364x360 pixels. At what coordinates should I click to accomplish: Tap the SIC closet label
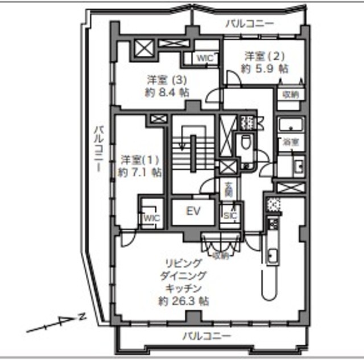tap(230, 216)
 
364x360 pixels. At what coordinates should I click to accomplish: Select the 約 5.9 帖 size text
tap(264, 68)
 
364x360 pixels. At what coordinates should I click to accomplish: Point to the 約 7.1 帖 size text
tap(139, 171)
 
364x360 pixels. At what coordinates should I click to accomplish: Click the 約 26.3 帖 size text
tap(184, 301)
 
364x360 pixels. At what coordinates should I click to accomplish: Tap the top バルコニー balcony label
tap(249, 23)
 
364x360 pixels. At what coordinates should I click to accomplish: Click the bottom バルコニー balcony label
tap(206, 336)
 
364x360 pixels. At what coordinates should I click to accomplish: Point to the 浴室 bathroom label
tap(291, 142)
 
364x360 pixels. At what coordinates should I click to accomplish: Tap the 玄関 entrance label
tap(228, 188)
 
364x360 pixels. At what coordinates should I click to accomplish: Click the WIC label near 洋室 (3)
tap(205, 57)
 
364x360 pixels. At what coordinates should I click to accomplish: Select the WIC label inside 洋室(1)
tap(151, 218)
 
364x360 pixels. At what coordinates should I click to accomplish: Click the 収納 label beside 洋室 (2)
tap(290, 94)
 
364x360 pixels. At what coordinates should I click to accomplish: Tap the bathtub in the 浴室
tap(291, 125)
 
